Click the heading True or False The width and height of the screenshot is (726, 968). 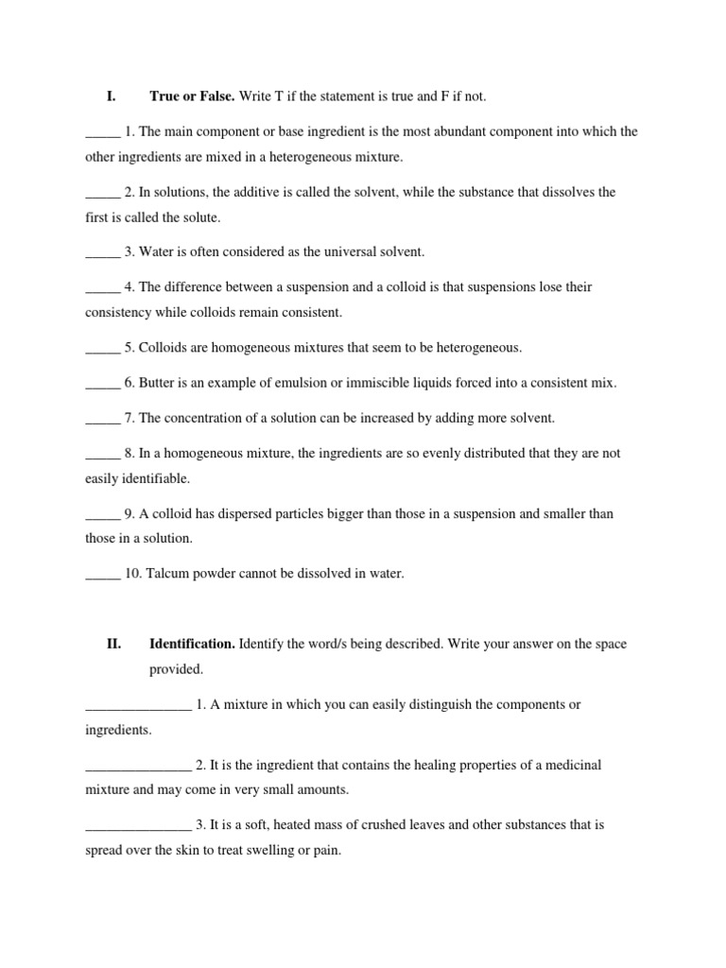pyautogui.click(x=192, y=96)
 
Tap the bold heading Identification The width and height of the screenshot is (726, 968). pyautogui.click(x=193, y=644)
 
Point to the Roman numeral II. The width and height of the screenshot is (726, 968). pyautogui.click(x=113, y=644)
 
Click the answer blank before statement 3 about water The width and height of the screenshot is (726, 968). pyautogui.click(x=102, y=252)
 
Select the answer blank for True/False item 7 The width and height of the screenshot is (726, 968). pyautogui.click(x=102, y=418)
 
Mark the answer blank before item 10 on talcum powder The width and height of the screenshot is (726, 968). pyautogui.click(x=102, y=574)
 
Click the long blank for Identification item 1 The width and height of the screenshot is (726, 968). pyautogui.click(x=138, y=705)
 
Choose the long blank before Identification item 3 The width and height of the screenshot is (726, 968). pyautogui.click(x=138, y=825)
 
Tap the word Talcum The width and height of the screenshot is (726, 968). pyautogui.click(x=166, y=574)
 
